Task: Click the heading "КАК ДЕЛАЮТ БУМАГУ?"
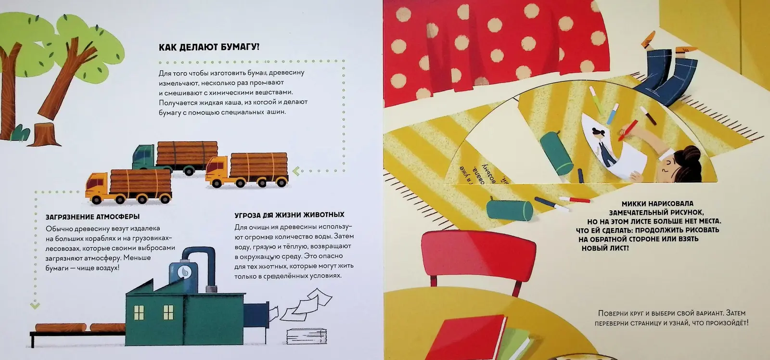[209, 47]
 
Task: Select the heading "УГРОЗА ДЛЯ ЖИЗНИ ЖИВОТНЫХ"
[289, 215]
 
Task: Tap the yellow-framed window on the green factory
[139, 313]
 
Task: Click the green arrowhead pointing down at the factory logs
[34, 305]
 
